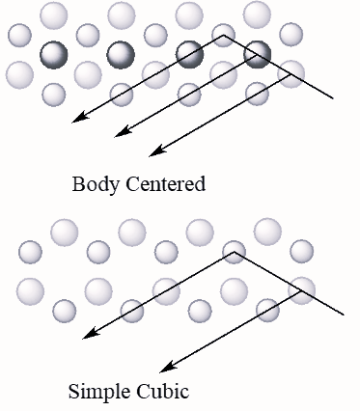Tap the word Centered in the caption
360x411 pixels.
(166, 183)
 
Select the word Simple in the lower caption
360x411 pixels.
(95, 392)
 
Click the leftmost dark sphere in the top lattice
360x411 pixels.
(54, 54)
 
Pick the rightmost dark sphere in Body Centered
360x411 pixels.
(257, 54)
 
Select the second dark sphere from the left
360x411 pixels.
(122, 54)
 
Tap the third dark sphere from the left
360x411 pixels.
(189, 54)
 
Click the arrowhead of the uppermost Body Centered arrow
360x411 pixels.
(77, 121)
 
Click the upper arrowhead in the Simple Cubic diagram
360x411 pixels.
(86, 337)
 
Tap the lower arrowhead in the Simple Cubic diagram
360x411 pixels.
(165, 369)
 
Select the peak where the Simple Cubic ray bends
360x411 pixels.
(235, 253)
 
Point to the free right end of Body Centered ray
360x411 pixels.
(333, 98)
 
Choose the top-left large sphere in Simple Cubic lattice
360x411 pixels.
(64, 232)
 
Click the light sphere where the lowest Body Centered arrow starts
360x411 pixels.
(291, 71)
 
